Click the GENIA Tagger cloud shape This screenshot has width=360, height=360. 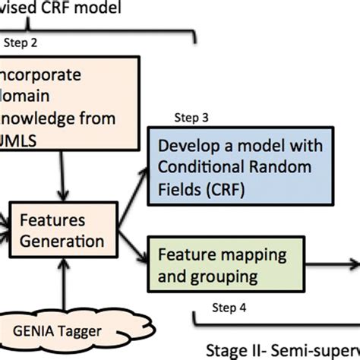58,330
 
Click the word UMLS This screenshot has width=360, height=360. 24,139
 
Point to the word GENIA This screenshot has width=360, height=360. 38,330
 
